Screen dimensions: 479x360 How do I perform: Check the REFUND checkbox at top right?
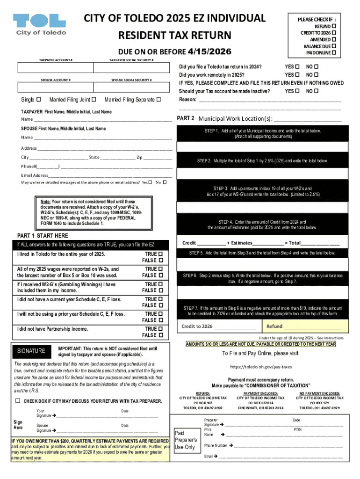(x=334, y=27)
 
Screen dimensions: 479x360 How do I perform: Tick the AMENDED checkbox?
(x=334, y=40)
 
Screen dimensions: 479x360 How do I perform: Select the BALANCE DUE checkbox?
(x=334, y=46)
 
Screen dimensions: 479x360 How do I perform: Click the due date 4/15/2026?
(x=209, y=51)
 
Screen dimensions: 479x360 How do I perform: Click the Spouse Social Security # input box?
(x=131, y=87)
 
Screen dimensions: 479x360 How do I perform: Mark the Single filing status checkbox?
(x=38, y=99)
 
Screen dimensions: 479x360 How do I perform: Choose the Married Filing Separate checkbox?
(x=158, y=99)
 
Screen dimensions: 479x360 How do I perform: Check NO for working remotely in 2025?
(x=316, y=74)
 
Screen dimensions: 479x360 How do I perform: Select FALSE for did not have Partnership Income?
(x=160, y=335)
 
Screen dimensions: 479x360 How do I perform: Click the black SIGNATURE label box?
(x=31, y=351)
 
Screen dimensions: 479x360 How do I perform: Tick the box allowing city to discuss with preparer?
(x=18, y=401)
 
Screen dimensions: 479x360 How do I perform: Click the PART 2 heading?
(x=186, y=118)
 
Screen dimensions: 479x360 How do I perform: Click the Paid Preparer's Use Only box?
(x=186, y=440)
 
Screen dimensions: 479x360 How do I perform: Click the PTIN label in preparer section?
(x=297, y=429)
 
